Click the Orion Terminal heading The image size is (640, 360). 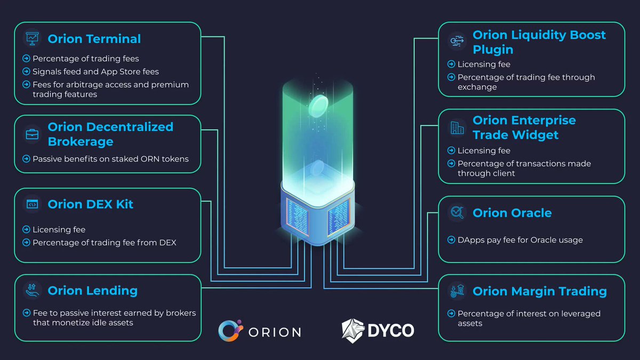[94, 39]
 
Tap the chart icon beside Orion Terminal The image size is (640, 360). [32, 38]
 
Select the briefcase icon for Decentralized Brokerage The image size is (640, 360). [32, 134]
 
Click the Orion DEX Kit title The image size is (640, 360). [90, 204]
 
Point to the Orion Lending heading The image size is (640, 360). [92, 291]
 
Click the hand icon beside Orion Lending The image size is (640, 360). [32, 290]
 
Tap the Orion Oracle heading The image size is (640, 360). [512, 213]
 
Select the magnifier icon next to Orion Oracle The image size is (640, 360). [457, 213]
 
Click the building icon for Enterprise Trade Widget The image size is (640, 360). [457, 127]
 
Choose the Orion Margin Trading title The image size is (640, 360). [539, 291]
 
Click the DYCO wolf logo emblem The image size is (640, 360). [353, 330]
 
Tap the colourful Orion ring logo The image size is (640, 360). [230, 330]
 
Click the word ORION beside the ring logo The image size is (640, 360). [274, 332]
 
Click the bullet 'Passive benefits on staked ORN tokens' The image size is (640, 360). [110, 158]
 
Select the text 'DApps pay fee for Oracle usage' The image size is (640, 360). [520, 240]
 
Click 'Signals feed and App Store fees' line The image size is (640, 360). [95, 71]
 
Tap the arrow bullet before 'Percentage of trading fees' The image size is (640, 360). [26, 59]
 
